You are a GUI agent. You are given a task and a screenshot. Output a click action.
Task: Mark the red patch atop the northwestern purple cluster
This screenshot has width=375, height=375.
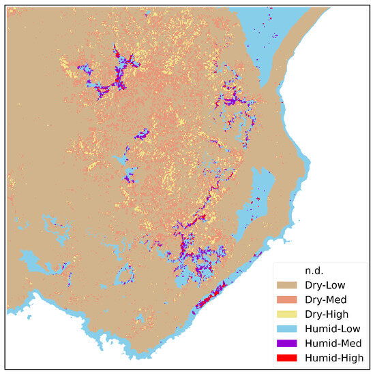coord(118,53)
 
